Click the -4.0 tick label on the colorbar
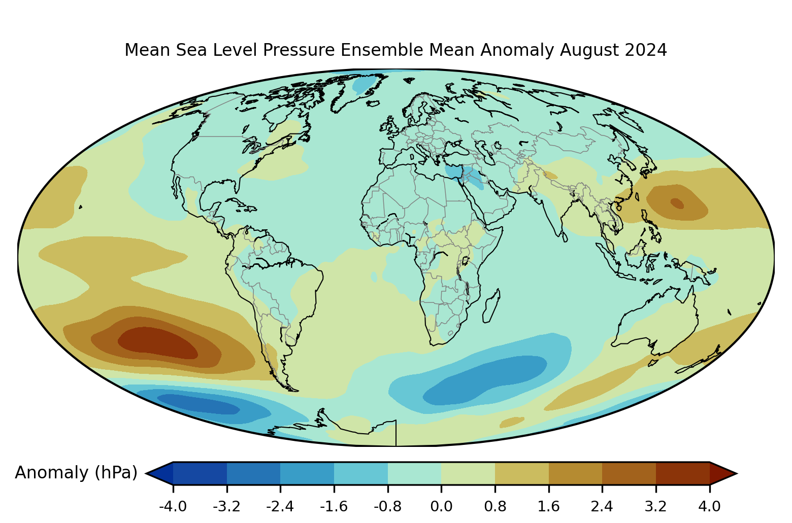(x=173, y=507)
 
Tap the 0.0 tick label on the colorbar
(x=441, y=507)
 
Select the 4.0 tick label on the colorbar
(x=709, y=507)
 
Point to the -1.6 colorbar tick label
(x=334, y=507)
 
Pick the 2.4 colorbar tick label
(x=602, y=507)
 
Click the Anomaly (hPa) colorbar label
(x=76, y=473)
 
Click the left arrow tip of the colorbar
(x=146, y=473)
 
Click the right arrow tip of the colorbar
(x=737, y=473)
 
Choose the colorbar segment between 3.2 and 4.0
(x=682, y=473)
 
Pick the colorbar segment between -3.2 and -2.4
(x=253, y=473)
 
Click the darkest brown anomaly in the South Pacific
(x=157, y=343)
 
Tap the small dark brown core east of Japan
(x=677, y=203)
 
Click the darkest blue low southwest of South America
(x=198, y=404)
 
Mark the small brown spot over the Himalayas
(x=550, y=175)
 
